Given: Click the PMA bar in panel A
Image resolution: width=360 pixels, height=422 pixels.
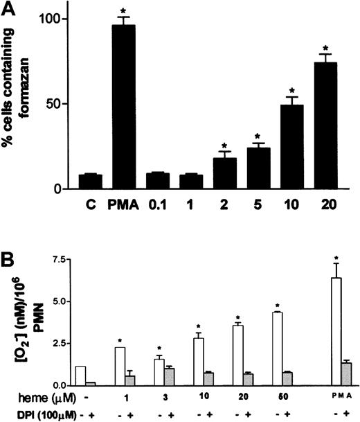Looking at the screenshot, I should pos(118,107).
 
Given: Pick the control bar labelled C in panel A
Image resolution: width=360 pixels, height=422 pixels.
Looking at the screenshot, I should pos(91,182).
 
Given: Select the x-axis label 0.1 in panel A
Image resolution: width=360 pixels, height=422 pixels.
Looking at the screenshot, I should pos(159,206).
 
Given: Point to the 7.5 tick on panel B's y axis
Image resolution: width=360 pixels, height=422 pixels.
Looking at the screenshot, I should pos(79,260).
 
